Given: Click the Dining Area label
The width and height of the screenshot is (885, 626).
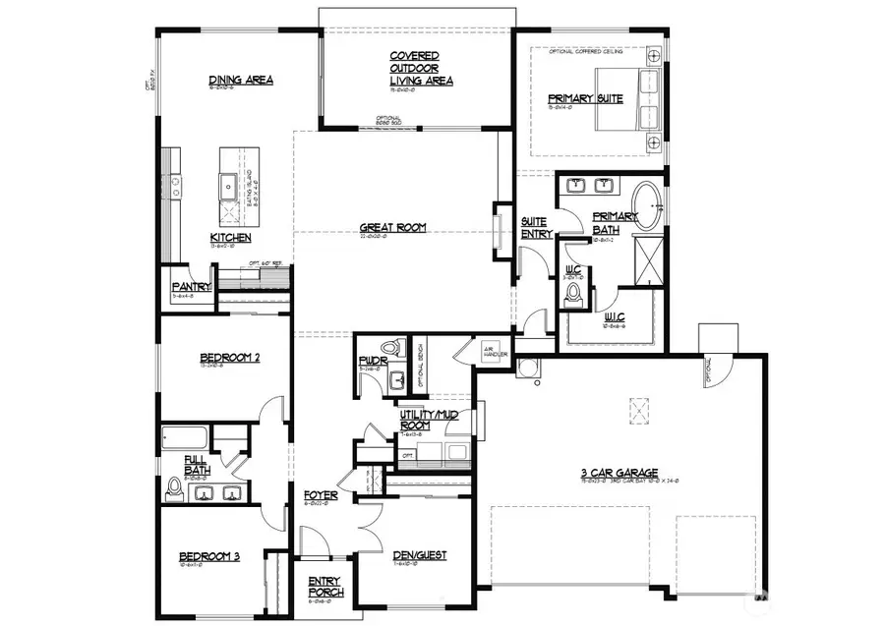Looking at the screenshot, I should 241,81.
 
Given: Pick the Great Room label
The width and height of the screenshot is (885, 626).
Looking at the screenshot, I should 391,227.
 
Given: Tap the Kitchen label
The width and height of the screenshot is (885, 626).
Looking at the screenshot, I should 230,238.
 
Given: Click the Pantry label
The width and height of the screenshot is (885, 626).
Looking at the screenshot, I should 192,287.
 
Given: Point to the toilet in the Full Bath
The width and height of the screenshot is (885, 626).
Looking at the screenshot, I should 175,485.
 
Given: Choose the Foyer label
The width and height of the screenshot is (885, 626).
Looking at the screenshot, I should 321,495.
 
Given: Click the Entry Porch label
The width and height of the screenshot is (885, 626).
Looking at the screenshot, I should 324,587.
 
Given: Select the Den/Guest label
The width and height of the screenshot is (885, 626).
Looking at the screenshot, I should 420,555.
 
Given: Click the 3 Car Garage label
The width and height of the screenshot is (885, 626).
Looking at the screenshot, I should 619,473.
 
